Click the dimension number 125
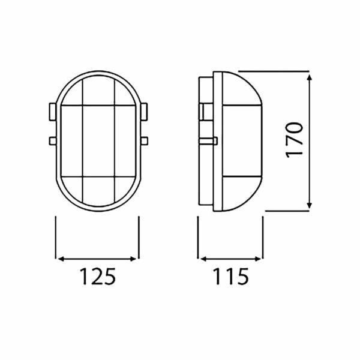tap(97, 277)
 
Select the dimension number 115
tap(230, 277)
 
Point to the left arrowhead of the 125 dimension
tap(58, 259)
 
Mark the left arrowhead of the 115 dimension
tap(203, 259)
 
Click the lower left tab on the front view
tap(50, 141)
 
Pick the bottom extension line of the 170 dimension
tap(288, 211)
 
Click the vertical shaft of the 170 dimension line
tap(310, 174)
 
